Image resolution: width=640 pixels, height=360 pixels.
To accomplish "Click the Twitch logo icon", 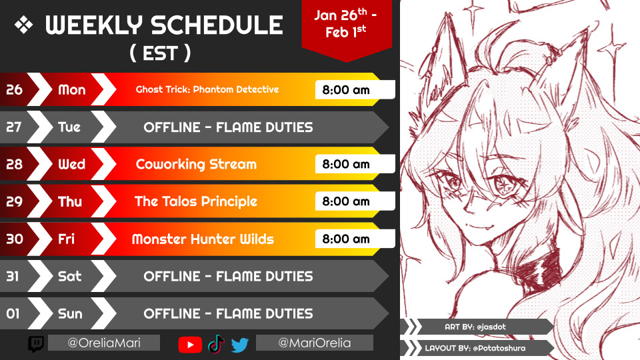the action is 36,344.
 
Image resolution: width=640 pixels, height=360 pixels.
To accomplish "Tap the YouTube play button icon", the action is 190,345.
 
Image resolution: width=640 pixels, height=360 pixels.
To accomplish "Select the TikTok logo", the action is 216,344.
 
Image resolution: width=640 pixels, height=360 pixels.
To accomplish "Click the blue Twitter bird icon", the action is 239,345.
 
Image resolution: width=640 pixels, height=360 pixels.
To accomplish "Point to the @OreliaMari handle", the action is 104,343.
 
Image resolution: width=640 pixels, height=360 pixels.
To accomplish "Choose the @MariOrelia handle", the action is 314,343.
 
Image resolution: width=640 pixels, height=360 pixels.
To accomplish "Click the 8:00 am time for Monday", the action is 346,90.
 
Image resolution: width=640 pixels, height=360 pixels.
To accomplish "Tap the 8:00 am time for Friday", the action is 346,239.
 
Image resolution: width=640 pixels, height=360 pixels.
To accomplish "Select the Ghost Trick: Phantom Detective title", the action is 207,89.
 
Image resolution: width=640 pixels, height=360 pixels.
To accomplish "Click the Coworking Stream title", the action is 196,164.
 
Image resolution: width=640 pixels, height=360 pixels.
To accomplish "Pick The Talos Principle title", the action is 196,201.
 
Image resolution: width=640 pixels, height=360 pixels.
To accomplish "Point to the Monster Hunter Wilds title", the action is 203,239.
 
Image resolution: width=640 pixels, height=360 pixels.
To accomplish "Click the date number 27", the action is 13,127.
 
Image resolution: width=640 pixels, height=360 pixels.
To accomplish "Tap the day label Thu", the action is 70,201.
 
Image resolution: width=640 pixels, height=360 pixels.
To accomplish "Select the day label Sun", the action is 70,313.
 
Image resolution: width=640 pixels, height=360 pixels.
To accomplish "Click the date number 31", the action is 13,276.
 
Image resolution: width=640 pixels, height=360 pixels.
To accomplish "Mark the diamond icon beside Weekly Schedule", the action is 24,25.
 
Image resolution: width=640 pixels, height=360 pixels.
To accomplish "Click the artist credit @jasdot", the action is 491,327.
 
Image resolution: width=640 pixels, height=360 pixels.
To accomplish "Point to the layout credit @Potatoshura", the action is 499,348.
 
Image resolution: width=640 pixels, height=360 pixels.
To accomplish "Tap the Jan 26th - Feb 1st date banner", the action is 346,24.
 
